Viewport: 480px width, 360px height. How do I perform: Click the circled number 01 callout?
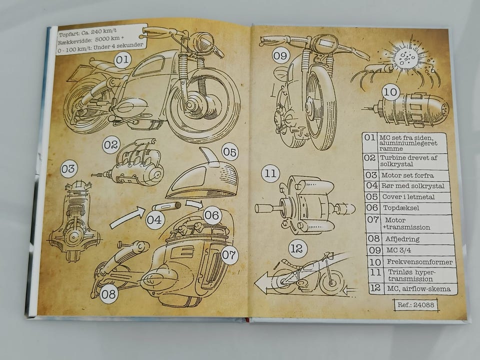[x=122, y=61]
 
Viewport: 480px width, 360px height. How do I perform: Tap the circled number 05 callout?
[x=229, y=151]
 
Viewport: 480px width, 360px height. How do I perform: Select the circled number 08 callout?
[x=108, y=294]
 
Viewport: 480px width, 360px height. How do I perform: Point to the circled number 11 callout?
[x=270, y=174]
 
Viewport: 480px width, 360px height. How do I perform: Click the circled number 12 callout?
[x=297, y=248]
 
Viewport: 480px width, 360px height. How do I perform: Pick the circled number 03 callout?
[x=68, y=169]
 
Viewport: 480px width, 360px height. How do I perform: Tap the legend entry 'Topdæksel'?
[x=400, y=207]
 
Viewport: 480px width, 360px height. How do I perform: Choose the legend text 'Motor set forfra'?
[x=407, y=175]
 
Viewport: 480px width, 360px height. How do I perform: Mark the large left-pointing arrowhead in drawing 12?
[x=261, y=285]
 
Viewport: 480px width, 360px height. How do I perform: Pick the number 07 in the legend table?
[x=373, y=219]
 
